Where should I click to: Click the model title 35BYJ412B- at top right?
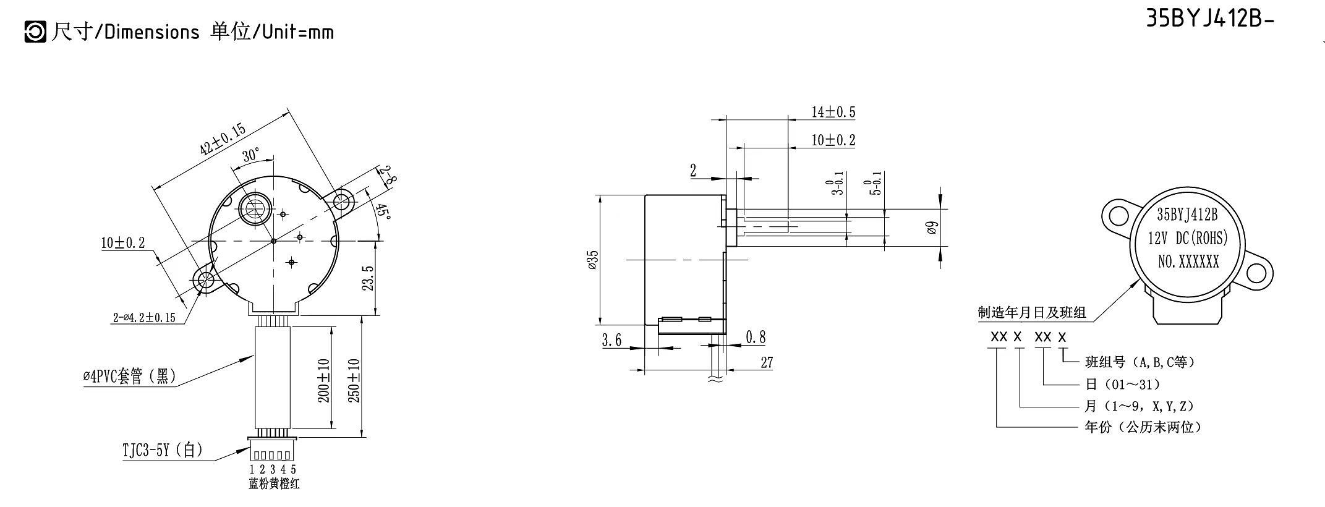pos(1209,19)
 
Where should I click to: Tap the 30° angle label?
pos(251,155)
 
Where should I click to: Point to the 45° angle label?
pos(383,213)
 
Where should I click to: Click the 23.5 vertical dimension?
pos(368,278)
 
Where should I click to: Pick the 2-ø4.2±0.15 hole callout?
pos(144,318)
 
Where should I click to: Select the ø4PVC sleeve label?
pos(129,376)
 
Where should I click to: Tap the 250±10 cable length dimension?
pos(354,380)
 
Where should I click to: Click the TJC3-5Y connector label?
pos(162,450)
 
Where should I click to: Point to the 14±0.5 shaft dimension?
pos(833,112)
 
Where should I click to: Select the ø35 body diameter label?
pos(592,260)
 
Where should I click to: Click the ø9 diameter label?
pos(933,228)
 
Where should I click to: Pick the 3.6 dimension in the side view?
pos(611,340)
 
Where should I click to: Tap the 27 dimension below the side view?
pos(767,362)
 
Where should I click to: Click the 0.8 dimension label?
pos(755,338)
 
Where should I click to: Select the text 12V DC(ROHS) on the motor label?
pos(1188,238)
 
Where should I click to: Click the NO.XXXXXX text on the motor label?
pos(1188,262)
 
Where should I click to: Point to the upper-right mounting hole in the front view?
pos(342,202)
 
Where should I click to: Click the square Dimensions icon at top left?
pos(35,32)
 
